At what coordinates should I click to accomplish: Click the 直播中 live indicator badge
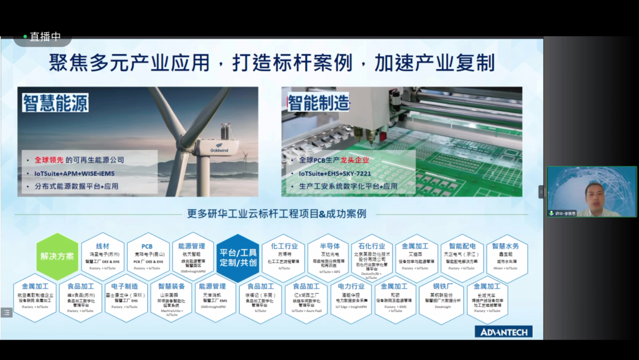pyautogui.click(x=43, y=37)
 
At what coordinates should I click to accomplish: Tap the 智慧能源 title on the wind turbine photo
pyautogui.click(x=56, y=103)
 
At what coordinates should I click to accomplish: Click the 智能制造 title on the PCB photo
pyautogui.click(x=318, y=103)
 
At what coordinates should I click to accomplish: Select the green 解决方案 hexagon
pyautogui.click(x=57, y=257)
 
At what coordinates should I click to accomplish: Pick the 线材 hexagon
pyautogui.click(x=102, y=256)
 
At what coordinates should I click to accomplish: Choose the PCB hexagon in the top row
pyautogui.click(x=147, y=256)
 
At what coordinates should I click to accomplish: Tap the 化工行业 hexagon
pyautogui.click(x=284, y=256)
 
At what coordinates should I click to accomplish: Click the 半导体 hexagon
pyautogui.click(x=329, y=256)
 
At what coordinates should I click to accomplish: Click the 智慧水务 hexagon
pyautogui.click(x=506, y=256)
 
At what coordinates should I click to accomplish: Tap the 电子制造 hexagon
pyautogui.click(x=125, y=297)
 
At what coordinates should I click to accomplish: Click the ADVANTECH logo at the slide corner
pyautogui.click(x=504, y=332)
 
